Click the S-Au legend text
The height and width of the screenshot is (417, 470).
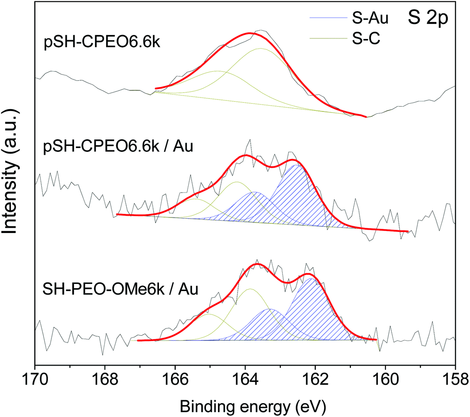(370, 19)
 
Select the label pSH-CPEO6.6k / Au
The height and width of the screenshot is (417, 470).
(110, 145)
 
